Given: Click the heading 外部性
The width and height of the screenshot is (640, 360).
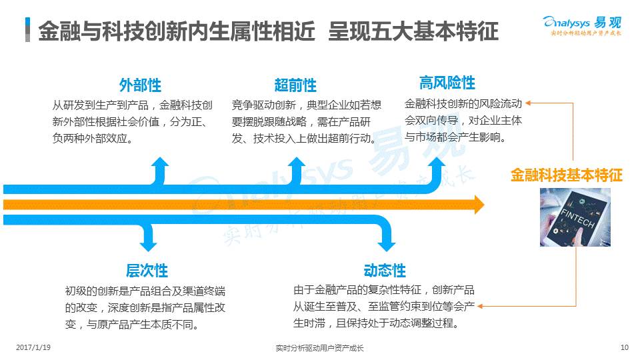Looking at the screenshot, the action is [x=140, y=85].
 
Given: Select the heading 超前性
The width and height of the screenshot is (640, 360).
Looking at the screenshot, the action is [x=295, y=85].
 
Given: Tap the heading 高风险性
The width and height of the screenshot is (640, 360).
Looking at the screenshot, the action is [x=447, y=83].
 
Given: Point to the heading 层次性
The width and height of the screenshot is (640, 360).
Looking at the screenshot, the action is [x=147, y=271].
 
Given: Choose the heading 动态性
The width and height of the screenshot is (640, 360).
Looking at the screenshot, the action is [x=385, y=271].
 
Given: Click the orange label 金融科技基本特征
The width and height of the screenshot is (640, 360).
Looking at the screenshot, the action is [x=566, y=175].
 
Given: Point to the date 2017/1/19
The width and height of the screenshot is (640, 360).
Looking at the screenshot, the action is [x=33, y=347].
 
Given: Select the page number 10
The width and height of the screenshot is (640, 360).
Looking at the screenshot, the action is [x=624, y=347].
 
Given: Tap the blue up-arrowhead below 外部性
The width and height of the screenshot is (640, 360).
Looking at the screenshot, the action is [x=160, y=164].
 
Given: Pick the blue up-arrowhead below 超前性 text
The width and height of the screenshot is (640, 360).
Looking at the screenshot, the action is [x=297, y=164].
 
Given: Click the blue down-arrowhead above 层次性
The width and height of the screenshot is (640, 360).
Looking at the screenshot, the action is [x=148, y=243].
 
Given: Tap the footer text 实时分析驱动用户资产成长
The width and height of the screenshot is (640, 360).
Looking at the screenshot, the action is [x=319, y=347].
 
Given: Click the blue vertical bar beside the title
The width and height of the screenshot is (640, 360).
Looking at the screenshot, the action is [x=28, y=30].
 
